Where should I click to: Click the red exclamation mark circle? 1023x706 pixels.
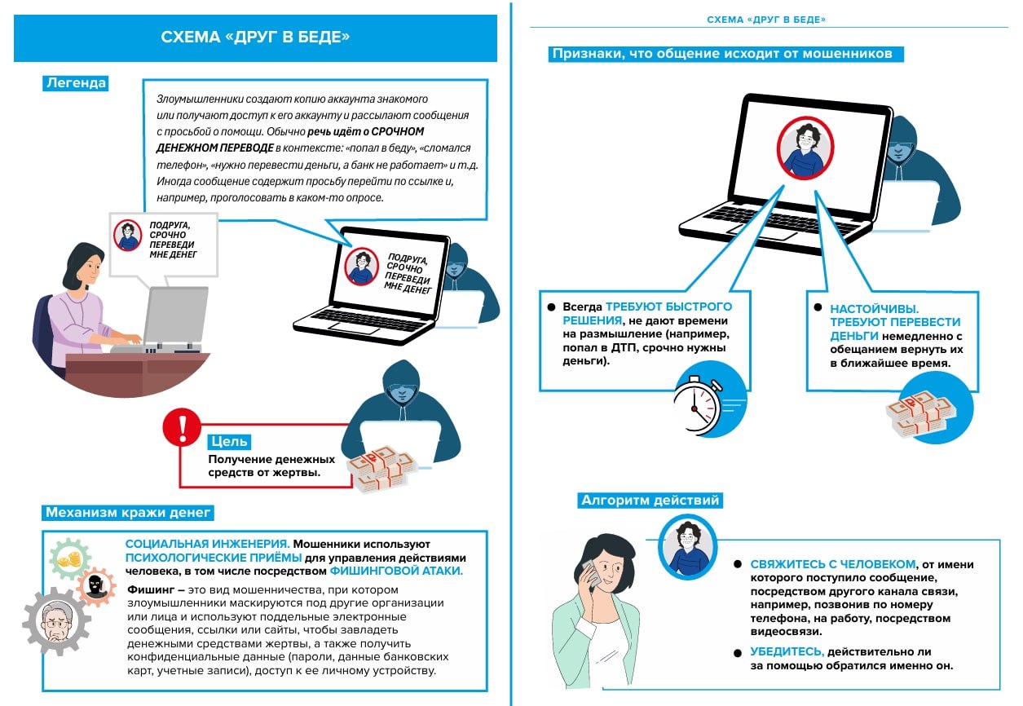[182, 427]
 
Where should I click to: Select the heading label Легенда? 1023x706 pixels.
[76, 83]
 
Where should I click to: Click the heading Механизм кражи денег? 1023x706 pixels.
[128, 512]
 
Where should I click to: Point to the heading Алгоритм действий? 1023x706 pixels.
[650, 501]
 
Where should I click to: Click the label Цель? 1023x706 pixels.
[229, 442]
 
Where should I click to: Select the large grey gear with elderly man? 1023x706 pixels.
[56, 621]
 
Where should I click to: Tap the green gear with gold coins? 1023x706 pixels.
[70, 558]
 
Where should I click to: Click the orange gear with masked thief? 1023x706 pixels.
[96, 587]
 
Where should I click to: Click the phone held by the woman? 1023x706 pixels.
[591, 575]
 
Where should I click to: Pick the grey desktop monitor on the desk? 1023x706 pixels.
[176, 317]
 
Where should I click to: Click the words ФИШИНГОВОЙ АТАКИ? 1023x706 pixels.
[396, 571]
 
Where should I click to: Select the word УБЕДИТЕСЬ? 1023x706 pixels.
[787, 651]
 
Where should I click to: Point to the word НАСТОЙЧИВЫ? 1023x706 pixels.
[874, 309]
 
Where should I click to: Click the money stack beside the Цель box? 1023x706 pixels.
[381, 469]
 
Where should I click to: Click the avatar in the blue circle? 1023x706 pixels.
[688, 547]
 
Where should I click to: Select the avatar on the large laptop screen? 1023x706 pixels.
[805, 148]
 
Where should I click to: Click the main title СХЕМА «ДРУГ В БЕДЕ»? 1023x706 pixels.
[255, 37]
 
